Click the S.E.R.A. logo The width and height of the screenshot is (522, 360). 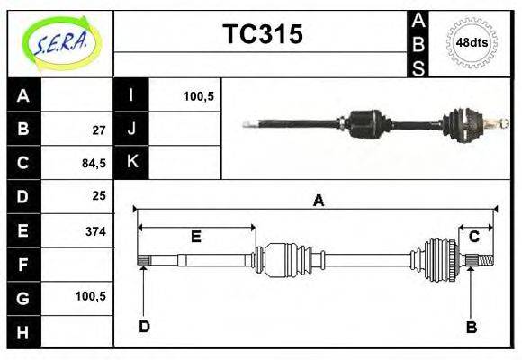[x=61, y=42]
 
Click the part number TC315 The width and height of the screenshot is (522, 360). [x=262, y=35]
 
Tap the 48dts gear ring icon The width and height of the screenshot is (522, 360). [x=472, y=42]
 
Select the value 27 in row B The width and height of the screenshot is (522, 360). [x=99, y=130]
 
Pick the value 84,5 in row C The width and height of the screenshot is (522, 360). [x=94, y=164]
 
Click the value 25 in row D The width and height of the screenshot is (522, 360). [x=99, y=195]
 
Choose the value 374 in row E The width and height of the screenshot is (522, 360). [x=95, y=231]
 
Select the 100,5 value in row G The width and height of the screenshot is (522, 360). [x=93, y=295]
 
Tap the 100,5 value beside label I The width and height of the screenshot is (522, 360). [x=198, y=95]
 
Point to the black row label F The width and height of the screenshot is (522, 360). [x=23, y=265]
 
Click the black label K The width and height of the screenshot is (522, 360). [x=131, y=162]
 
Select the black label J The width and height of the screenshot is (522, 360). [x=131, y=129]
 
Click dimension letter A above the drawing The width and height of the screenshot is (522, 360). [x=318, y=201]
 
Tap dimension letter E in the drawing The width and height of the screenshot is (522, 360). [x=195, y=237]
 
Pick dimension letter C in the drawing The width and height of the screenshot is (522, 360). [x=473, y=237]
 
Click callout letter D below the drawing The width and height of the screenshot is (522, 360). [x=144, y=327]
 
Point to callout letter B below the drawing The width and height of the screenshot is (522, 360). [x=471, y=327]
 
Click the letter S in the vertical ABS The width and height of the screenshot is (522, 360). [x=418, y=67]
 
